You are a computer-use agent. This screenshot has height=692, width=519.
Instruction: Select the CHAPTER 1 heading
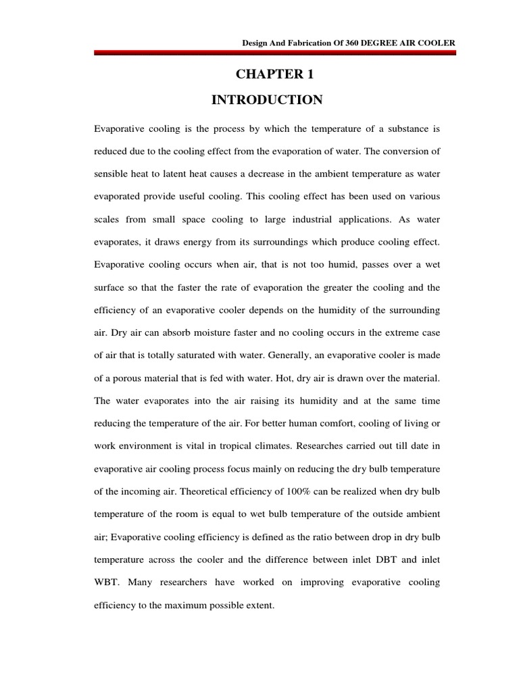(267, 75)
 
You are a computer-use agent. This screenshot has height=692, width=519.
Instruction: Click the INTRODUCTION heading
(267, 101)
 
